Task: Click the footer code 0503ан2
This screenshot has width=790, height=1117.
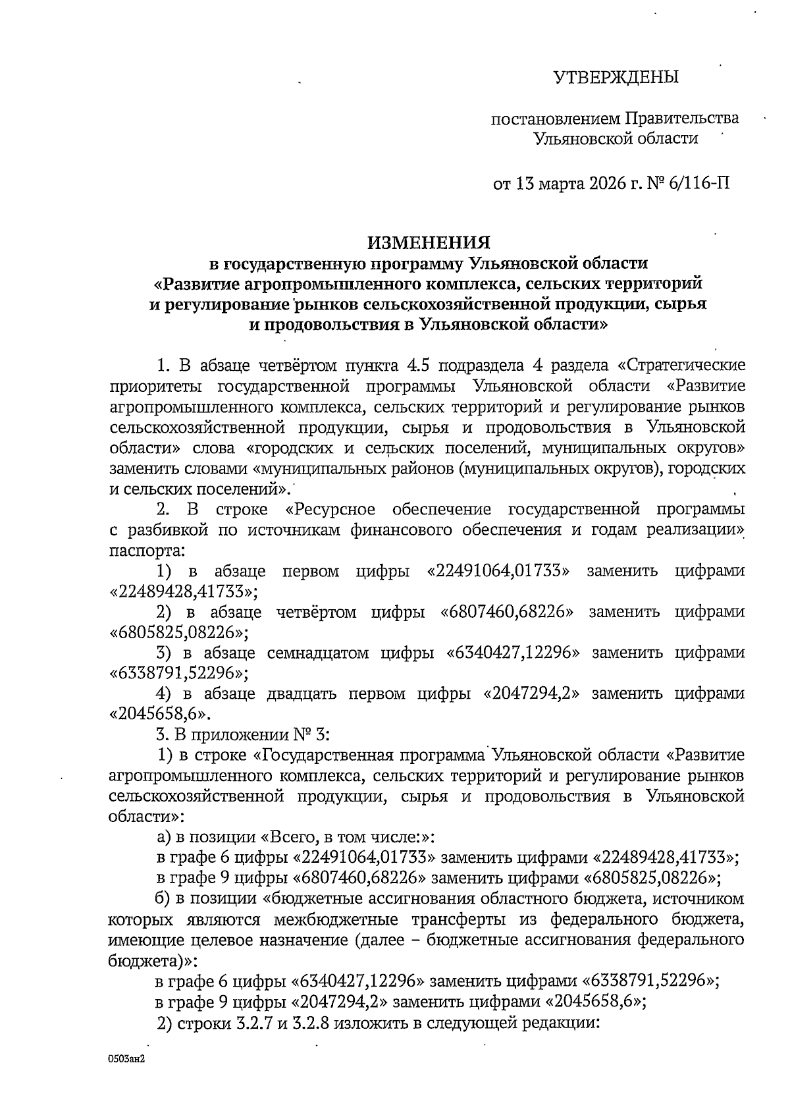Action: click(126, 1066)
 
